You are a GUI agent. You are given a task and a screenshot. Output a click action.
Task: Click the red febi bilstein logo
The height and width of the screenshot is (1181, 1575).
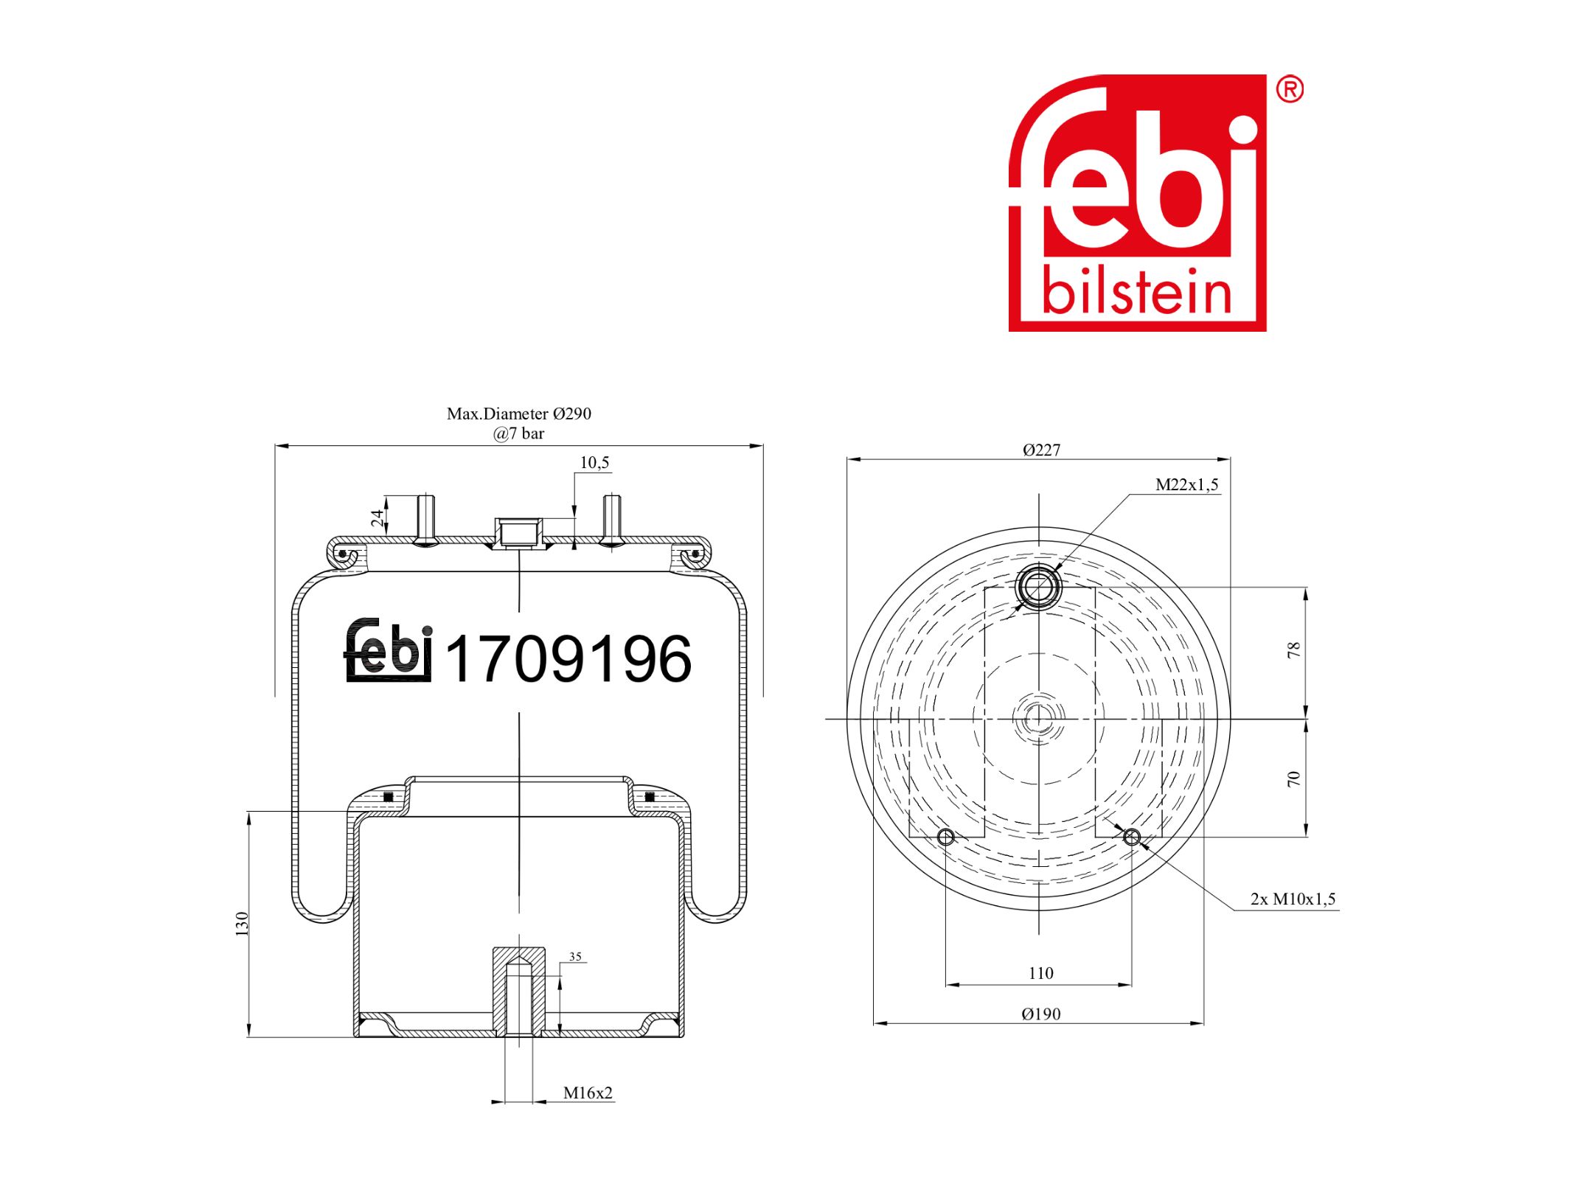tap(1137, 203)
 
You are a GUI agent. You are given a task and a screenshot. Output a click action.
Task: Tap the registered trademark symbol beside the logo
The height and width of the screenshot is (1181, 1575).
tap(1290, 89)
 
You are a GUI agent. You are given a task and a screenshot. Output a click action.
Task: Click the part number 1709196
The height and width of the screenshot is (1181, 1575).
tap(569, 658)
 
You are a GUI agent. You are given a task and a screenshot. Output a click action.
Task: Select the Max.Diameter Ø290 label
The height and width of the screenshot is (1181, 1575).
tap(518, 414)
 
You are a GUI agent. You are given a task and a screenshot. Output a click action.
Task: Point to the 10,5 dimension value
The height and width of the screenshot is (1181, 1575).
tap(594, 462)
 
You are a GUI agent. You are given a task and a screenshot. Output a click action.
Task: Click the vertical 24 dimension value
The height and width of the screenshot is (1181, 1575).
tap(378, 518)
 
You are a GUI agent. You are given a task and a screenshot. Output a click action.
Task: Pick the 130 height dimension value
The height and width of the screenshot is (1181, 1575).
tap(242, 924)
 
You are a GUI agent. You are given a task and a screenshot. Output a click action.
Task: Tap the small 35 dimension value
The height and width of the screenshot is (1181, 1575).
tap(575, 957)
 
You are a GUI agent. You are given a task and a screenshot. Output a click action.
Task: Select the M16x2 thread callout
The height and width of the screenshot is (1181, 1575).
tap(588, 1093)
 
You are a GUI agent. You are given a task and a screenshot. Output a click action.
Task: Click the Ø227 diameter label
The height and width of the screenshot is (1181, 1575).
tap(1041, 450)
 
